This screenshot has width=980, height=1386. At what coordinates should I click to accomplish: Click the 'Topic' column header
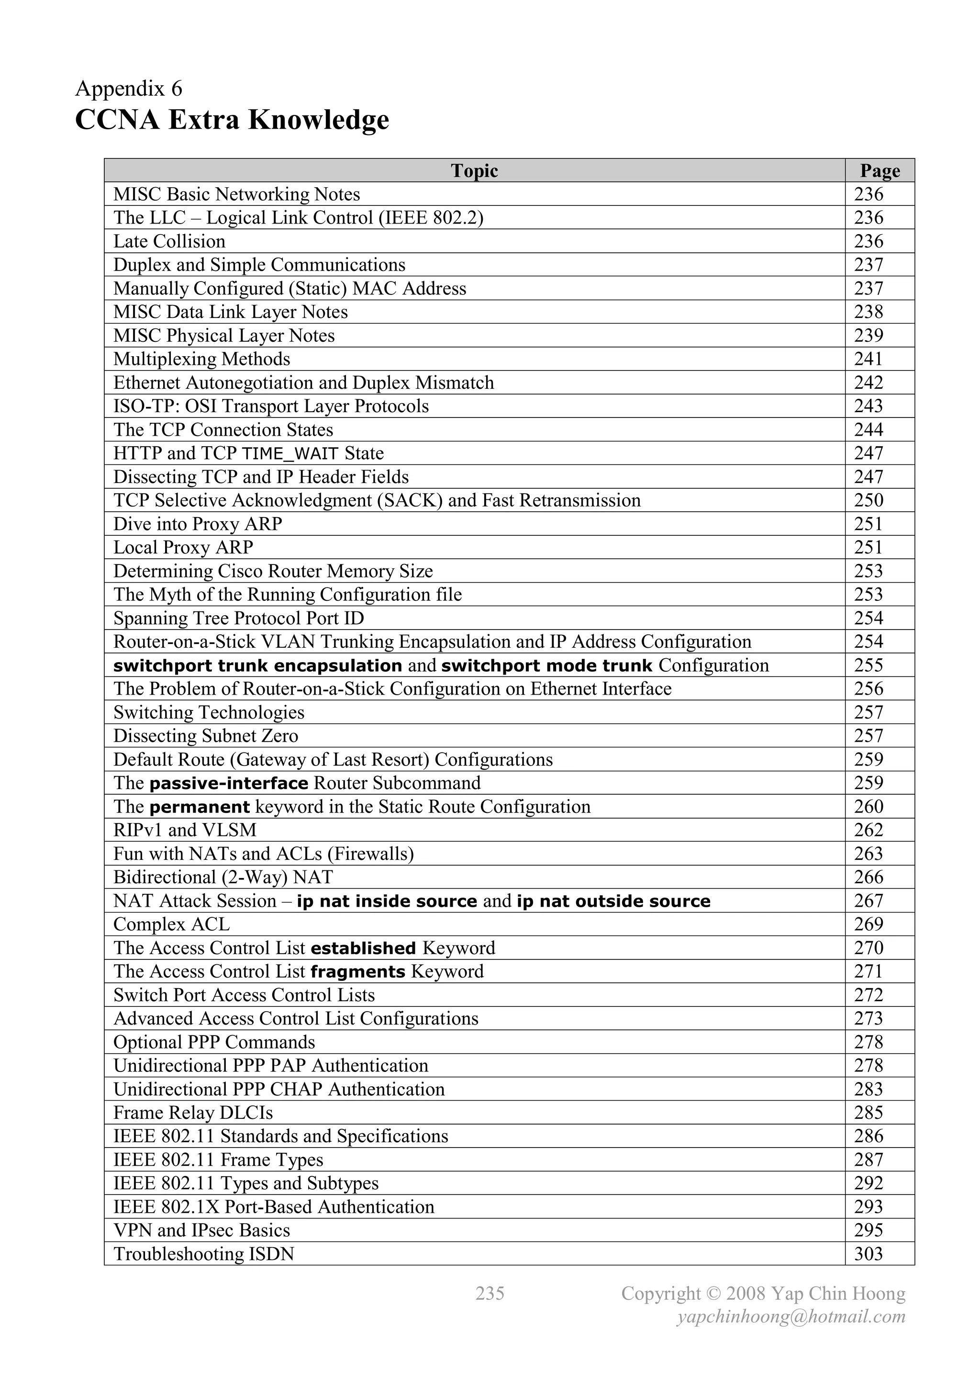(474, 171)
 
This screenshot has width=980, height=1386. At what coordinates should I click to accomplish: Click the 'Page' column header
(880, 171)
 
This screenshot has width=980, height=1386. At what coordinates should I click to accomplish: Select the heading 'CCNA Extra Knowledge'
(232, 120)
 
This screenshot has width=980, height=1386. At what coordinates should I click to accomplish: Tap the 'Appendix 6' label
(129, 89)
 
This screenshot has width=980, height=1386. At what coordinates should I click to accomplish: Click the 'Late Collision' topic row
(169, 241)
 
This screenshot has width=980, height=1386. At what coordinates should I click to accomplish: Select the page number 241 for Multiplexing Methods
(869, 359)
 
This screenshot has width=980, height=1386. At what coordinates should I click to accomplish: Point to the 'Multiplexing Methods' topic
(201, 359)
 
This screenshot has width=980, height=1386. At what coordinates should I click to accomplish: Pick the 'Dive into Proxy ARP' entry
(197, 524)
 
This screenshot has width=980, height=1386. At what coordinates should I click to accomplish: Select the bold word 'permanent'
(199, 807)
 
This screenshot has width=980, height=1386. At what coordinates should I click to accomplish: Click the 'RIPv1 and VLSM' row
(185, 831)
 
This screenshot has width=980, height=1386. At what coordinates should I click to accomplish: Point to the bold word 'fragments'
(358, 972)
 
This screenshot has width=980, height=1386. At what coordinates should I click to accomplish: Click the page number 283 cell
(869, 1090)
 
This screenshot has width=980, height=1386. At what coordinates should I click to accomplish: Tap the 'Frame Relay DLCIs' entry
(193, 1113)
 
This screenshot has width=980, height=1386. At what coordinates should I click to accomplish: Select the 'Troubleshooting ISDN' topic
(203, 1254)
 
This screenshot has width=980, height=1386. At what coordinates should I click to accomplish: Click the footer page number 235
(490, 1293)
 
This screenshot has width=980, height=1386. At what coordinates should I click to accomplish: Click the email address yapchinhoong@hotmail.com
(791, 1317)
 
